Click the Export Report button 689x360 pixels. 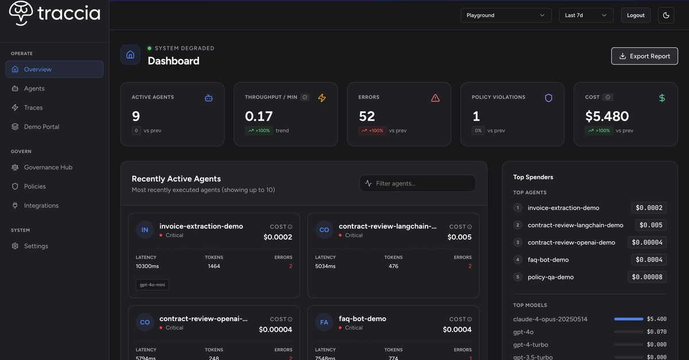click(644, 56)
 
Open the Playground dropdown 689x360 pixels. click(506, 15)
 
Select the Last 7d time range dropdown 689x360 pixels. click(586, 15)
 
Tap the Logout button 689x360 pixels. click(636, 15)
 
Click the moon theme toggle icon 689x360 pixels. click(666, 15)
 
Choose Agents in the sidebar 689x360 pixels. click(34, 88)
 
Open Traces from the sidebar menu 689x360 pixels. click(33, 108)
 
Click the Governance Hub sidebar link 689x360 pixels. click(48, 168)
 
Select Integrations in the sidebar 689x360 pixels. click(41, 206)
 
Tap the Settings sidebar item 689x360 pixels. click(36, 246)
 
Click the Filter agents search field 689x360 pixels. click(417, 183)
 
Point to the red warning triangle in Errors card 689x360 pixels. click(435, 98)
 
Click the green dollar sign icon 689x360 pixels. click(662, 98)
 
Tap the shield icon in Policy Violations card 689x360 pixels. click(548, 98)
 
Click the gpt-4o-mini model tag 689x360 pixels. click(152, 285)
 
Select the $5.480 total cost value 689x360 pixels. click(607, 116)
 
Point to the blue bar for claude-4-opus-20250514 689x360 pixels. click(628, 319)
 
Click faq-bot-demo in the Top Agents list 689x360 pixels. click(548, 260)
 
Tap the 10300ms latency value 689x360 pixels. click(148, 266)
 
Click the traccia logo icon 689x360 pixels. click(21, 13)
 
